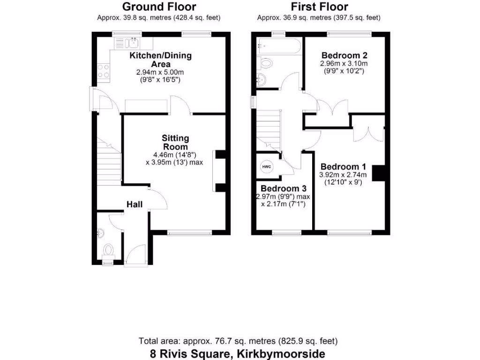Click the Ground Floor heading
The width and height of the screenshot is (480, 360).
(x=159, y=7)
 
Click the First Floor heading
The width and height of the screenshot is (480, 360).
(x=319, y=7)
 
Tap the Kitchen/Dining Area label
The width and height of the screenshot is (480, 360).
(x=161, y=60)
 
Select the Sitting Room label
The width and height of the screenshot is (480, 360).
(x=175, y=142)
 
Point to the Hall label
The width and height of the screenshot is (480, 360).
(x=135, y=204)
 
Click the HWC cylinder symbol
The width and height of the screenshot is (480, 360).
(x=266, y=167)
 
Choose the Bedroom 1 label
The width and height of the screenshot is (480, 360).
(x=343, y=167)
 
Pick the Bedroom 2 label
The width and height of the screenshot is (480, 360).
(x=344, y=54)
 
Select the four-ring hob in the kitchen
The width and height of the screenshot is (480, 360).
(x=103, y=71)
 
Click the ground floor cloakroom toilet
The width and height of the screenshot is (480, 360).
(x=108, y=249)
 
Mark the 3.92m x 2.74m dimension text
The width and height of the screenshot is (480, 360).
(x=344, y=175)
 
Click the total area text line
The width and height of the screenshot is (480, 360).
(x=238, y=341)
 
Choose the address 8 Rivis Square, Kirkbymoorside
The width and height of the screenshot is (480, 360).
(x=238, y=353)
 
